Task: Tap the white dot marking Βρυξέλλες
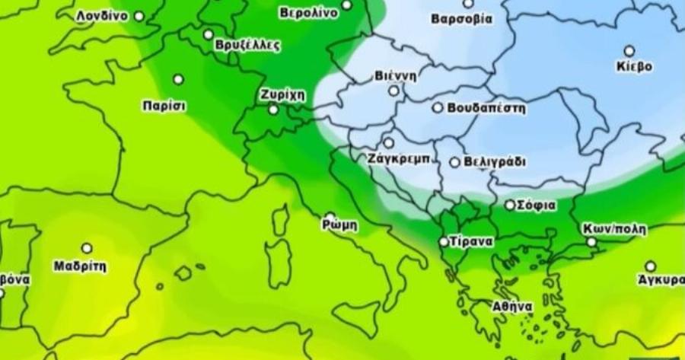209,34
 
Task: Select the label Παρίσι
164,106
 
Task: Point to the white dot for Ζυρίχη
273,110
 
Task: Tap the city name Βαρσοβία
461,18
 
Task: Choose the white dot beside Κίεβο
629,50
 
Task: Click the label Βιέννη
395,76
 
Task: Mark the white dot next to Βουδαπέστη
438,107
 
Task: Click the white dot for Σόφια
510,205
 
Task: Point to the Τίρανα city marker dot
444,242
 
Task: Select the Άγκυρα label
661,280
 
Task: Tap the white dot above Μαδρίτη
87,248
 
